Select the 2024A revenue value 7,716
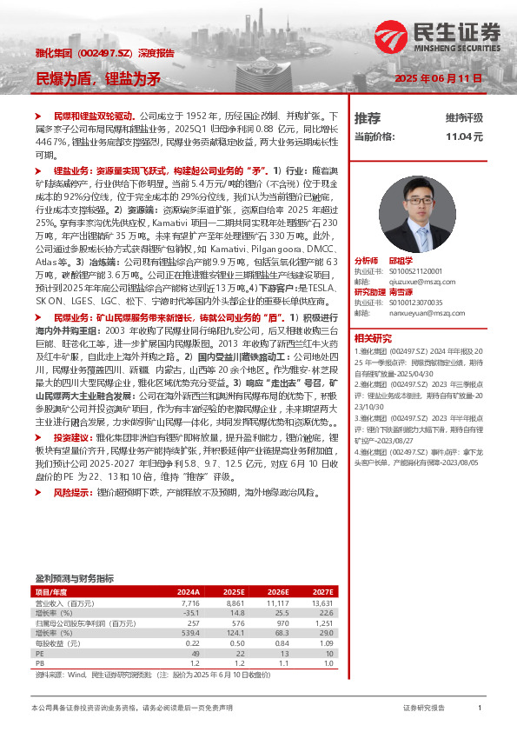(x=190, y=602)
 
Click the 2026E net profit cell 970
(x=279, y=623)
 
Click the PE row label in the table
(x=39, y=655)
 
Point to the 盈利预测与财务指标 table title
(x=74, y=578)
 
